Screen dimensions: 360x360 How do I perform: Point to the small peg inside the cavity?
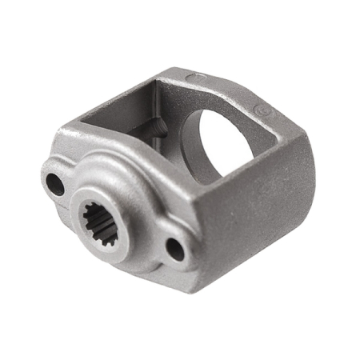tap(158, 126)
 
